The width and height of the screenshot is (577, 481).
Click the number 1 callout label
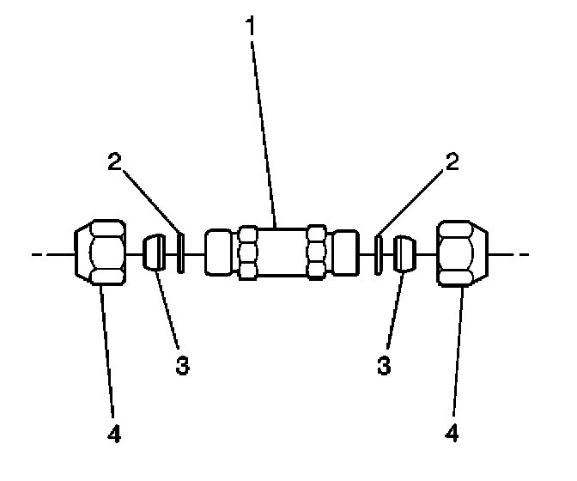pos(251,25)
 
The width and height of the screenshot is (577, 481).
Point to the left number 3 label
pos(181,364)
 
